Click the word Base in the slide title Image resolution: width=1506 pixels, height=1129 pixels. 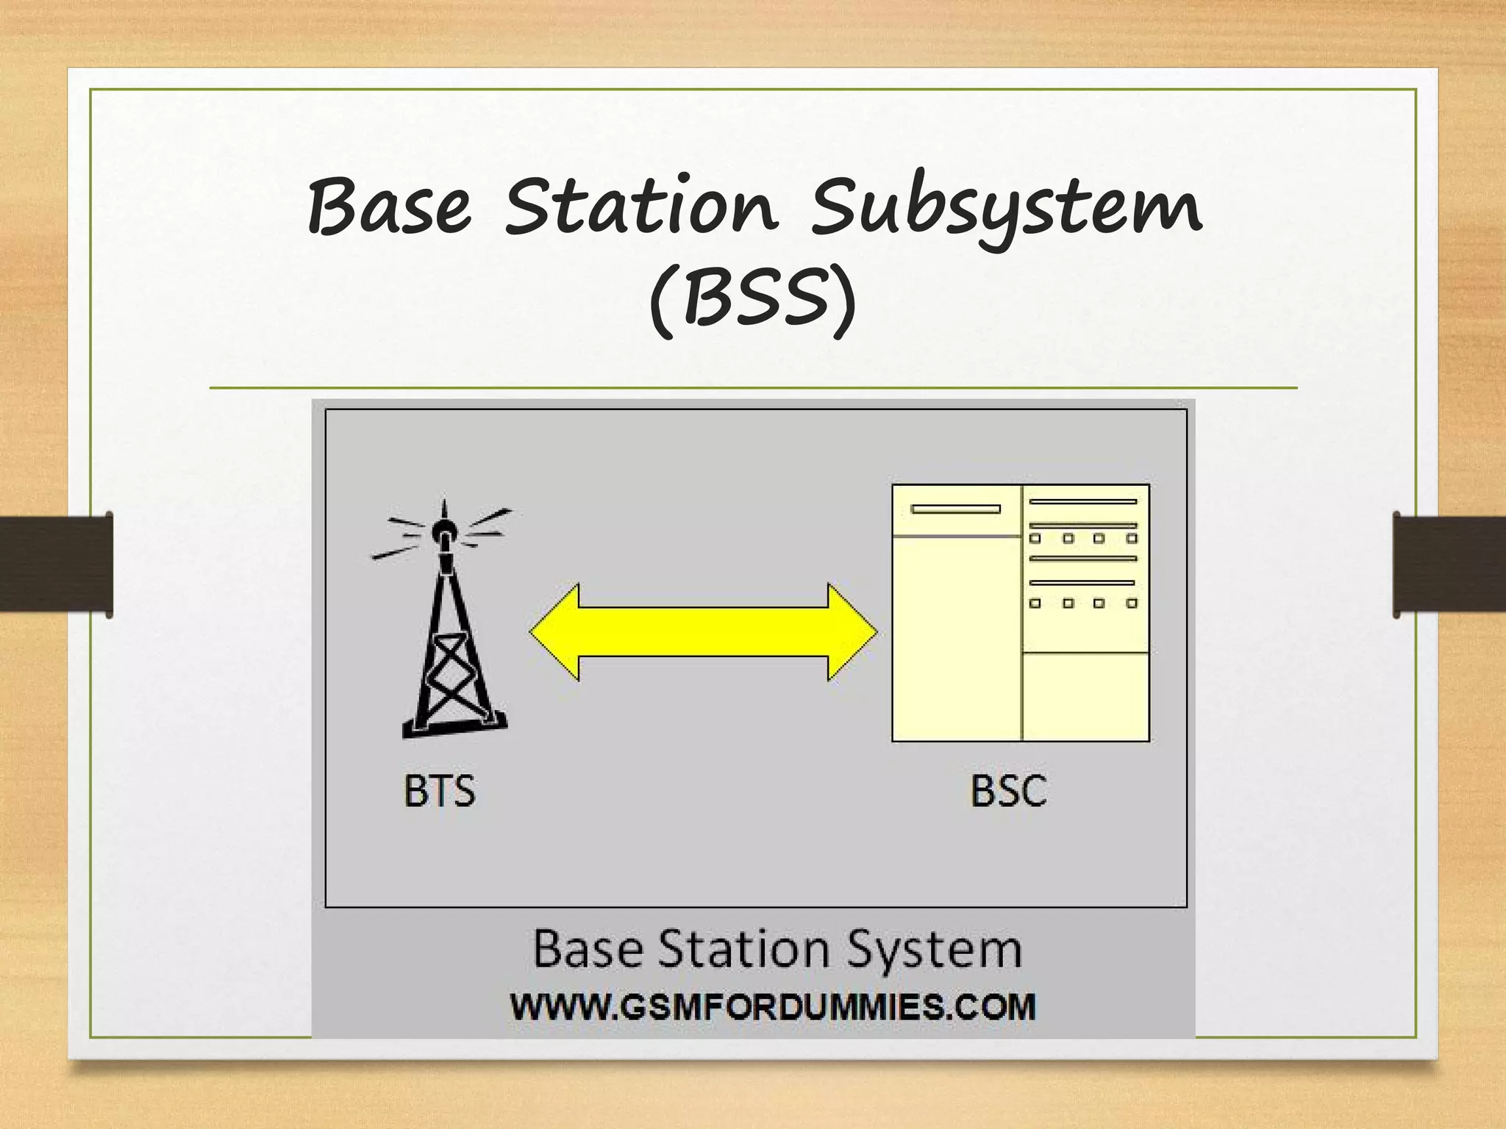[389, 207]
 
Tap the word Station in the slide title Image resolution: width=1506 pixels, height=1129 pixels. [640, 207]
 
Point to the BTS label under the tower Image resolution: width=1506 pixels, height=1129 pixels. [440, 792]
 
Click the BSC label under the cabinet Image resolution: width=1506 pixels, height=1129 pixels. [1008, 792]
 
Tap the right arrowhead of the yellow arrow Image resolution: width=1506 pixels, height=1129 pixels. [853, 631]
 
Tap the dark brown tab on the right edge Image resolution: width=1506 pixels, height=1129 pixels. [1449, 564]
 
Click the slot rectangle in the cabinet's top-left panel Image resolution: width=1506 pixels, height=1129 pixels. [955, 509]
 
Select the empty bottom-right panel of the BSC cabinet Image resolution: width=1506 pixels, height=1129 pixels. [1085, 696]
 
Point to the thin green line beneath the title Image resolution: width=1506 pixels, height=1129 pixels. [753, 387]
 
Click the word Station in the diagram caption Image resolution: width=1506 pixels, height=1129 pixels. [743, 949]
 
